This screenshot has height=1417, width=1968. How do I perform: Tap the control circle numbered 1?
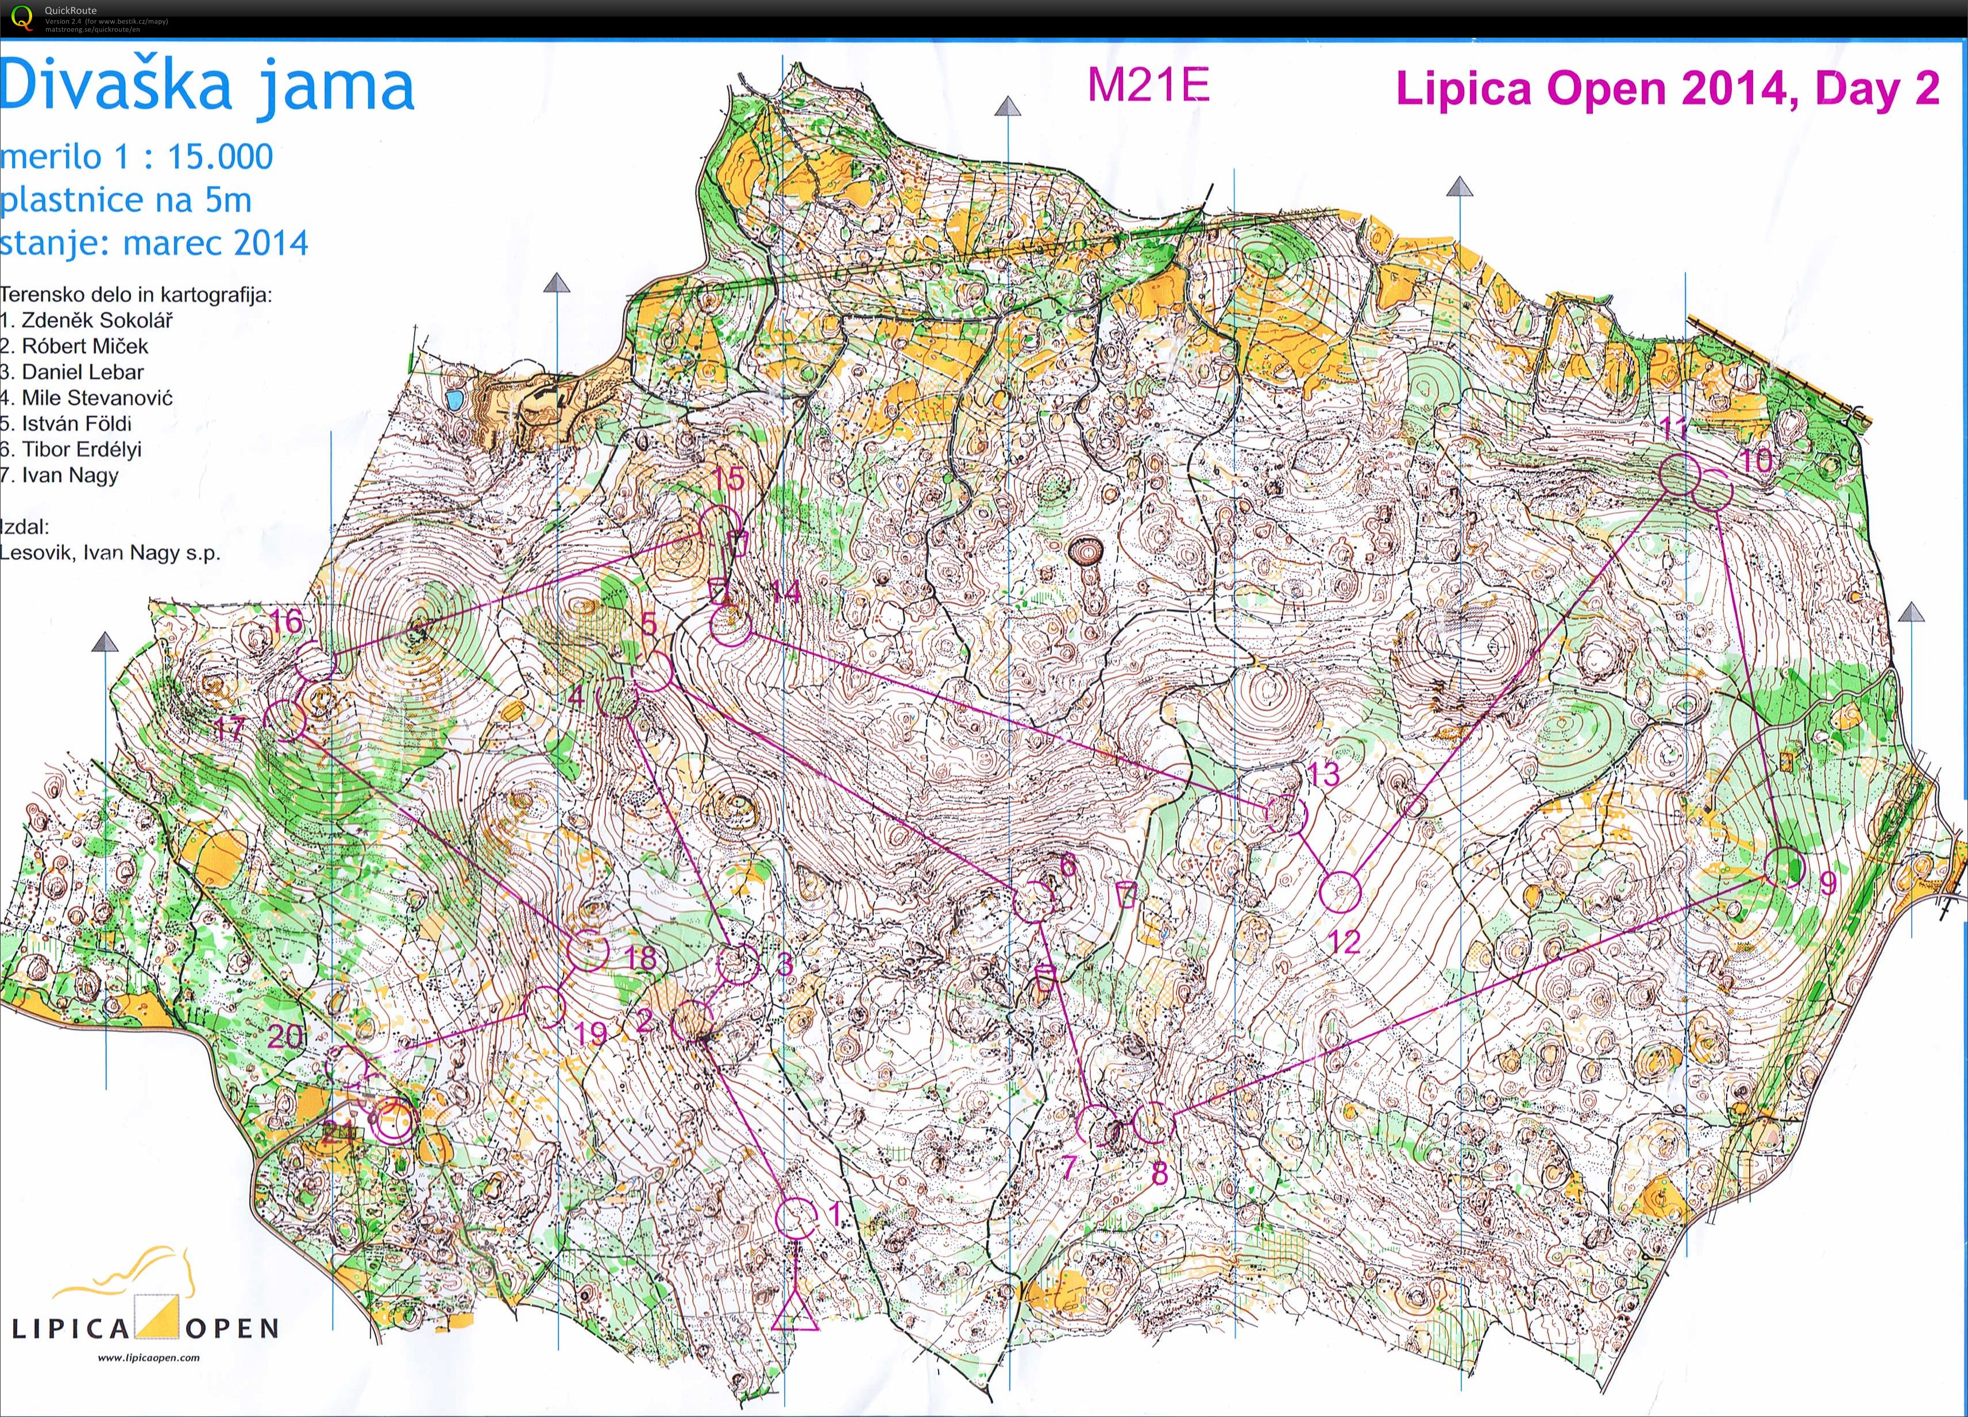[x=795, y=1218]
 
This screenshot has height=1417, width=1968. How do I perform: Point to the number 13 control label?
[x=1323, y=773]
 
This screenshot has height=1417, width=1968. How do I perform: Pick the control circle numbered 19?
[x=546, y=1007]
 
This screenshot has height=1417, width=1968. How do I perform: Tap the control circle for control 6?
[x=1033, y=902]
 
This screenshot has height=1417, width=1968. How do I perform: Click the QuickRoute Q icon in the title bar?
[x=20, y=17]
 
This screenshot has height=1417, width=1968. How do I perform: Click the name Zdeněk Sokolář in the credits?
[x=97, y=320]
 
